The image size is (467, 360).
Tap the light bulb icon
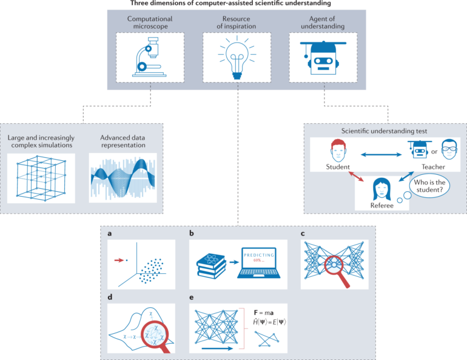[x=237, y=56]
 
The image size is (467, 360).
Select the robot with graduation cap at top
[x=323, y=56]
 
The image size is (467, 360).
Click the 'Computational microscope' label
[x=150, y=23]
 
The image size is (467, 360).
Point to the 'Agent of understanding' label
[x=323, y=23]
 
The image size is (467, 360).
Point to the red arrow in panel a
[x=118, y=260]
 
